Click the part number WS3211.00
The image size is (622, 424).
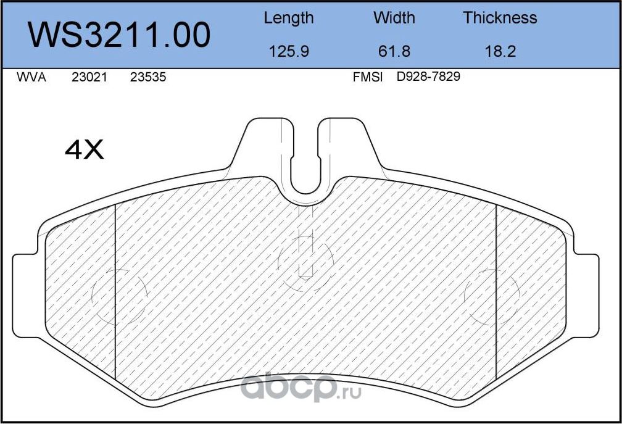coord(120,35)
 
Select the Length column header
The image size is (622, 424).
coord(288,18)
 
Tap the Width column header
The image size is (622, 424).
coord(394,18)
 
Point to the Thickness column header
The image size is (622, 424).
coord(500,18)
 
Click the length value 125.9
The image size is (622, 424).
coord(288,51)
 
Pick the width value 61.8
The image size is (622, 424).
coord(394,51)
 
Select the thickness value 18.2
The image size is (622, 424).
coord(500,51)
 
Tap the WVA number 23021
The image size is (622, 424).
coord(89,78)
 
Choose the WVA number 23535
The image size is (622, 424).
coord(148,78)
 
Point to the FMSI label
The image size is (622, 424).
coord(368,78)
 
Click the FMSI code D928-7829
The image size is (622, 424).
coord(428,78)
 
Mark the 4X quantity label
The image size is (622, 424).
coord(85,150)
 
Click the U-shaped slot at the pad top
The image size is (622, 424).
coord(305,167)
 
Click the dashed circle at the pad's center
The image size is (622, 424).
coord(305,262)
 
